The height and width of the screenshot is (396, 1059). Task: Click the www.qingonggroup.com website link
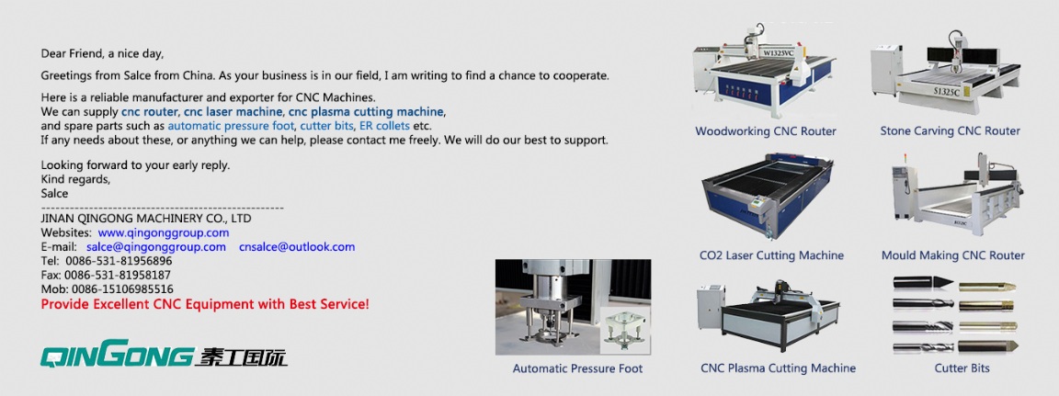point(164,232)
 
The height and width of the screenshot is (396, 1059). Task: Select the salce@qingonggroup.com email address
point(156,247)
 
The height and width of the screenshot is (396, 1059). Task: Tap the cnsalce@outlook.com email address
point(297,247)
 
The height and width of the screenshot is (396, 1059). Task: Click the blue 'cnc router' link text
point(150,111)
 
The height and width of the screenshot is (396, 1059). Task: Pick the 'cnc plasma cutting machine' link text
point(366,111)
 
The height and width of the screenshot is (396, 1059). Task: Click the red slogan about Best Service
point(205,304)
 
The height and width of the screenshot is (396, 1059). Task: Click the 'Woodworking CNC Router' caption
point(766,130)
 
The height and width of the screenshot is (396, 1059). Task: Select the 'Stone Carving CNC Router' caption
point(951,130)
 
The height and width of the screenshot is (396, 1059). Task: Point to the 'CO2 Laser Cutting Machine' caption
point(772,255)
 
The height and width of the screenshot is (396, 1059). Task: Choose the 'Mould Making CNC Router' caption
point(953,255)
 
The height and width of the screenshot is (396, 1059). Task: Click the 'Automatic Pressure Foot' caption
point(577,368)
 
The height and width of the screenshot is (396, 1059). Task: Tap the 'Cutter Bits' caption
point(962,368)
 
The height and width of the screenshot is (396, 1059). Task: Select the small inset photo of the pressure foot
point(625,330)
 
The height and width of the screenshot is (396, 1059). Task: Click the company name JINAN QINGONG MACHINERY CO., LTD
point(146,219)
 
